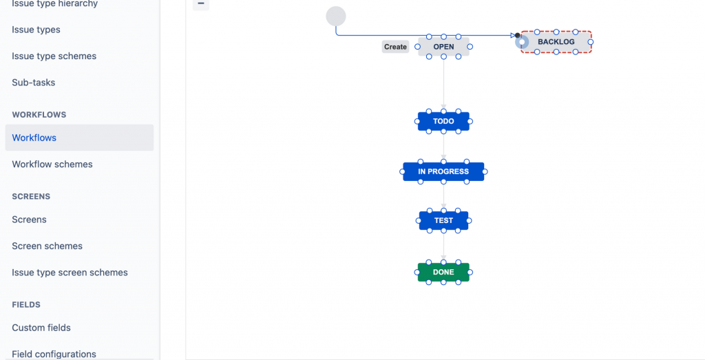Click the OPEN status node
(443, 47)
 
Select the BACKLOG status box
(556, 42)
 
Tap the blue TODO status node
(443, 121)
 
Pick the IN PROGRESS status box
(443, 171)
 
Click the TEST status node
(443, 221)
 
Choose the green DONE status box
(443, 272)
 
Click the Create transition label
(395, 47)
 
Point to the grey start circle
(336, 16)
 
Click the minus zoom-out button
(200, 3)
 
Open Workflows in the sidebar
(34, 138)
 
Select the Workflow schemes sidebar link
(52, 165)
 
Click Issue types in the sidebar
(36, 30)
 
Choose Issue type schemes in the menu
(54, 56)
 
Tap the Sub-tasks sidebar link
(34, 83)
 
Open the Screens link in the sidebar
(29, 220)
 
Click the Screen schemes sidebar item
(47, 246)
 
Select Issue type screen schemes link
(70, 273)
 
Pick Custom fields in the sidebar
(41, 328)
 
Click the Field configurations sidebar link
(54, 354)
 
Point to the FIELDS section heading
(26, 304)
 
